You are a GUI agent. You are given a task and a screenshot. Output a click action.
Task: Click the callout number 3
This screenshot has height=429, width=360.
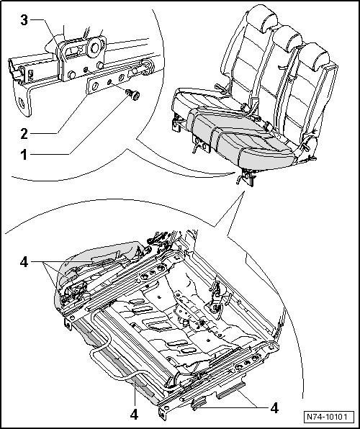pyautogui.click(x=24, y=21)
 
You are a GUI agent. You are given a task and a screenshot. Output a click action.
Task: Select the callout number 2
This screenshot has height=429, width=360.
pyautogui.click(x=24, y=134)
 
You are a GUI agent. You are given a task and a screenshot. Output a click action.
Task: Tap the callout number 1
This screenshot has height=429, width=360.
pyautogui.click(x=24, y=155)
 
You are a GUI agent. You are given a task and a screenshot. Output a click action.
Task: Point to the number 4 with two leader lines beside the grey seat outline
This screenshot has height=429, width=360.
pyautogui.click(x=24, y=262)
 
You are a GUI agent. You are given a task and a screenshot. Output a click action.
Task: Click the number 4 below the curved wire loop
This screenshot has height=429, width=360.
pyautogui.click(x=134, y=415)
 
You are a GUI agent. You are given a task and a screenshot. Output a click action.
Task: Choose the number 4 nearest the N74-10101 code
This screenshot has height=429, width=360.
pyautogui.click(x=274, y=408)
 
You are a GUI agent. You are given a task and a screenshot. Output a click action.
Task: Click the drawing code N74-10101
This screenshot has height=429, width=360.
pyautogui.click(x=326, y=417)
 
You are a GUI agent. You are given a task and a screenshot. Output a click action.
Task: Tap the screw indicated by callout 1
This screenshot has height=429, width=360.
pyautogui.click(x=134, y=95)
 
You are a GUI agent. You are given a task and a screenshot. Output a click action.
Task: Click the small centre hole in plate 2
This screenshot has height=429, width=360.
pyautogui.click(x=109, y=81)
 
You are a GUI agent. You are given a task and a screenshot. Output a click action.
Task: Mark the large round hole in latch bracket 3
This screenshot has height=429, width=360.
pyautogui.click(x=95, y=48)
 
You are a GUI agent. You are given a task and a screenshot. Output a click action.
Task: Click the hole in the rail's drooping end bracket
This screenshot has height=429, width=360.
pyautogui.click(x=22, y=102)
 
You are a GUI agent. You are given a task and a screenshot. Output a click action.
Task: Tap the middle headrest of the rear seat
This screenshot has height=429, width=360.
pyautogui.click(x=287, y=37)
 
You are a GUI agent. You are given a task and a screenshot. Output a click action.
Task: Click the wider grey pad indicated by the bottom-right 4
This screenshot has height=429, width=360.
pyautogui.click(x=230, y=389)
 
